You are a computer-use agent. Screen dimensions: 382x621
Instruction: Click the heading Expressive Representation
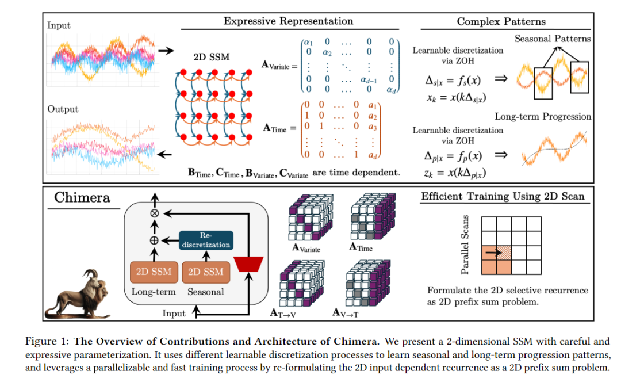coord(288,21)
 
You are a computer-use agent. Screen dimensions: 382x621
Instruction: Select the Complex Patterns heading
coord(501,22)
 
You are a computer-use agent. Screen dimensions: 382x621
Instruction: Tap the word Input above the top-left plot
coord(59,25)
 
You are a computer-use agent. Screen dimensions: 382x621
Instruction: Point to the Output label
coord(63,109)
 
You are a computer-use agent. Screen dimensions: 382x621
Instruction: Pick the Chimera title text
coord(82,198)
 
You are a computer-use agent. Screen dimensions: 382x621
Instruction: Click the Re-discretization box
coord(206,240)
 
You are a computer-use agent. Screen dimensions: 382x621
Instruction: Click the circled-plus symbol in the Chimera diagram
coord(154,240)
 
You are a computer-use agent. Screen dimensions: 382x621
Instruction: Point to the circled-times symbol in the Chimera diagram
coord(154,212)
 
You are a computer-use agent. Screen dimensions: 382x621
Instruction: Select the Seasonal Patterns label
coord(552,39)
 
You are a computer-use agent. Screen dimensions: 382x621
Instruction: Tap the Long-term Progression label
coord(543,117)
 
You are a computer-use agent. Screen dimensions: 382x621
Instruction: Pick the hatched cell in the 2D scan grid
coord(503,251)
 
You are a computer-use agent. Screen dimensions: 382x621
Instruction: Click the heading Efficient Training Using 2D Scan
coord(503,197)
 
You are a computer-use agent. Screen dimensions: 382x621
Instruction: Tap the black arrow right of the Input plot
coord(166,51)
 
